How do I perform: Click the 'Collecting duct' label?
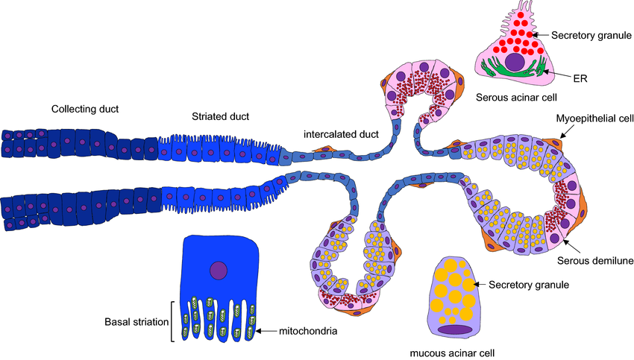pyautogui.click(x=85, y=110)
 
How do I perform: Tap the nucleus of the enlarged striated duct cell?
pyautogui.click(x=219, y=271)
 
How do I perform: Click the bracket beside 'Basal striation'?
pyautogui.click(x=173, y=321)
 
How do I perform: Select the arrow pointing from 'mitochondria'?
pyautogui.click(x=266, y=330)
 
